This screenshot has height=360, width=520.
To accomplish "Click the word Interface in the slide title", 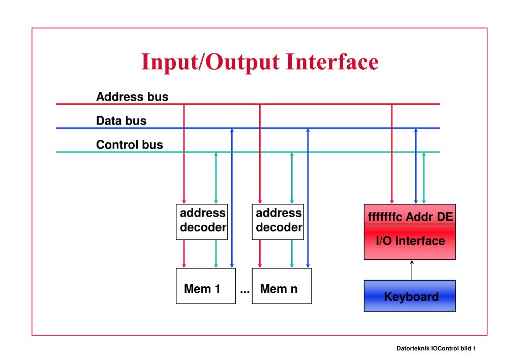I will pos(332,62).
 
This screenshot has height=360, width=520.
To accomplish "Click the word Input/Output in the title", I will pos(210,63).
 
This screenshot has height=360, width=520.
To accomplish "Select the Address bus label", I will pos(132,96).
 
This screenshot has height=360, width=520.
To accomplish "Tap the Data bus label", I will pos(121,121).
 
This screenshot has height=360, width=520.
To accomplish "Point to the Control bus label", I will pos(130,145).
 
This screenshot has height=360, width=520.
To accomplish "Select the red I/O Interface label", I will pos(410,241).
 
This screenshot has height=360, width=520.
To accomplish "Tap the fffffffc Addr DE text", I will pos(410,217).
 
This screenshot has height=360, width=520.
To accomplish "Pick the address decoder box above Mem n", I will pos(278,222).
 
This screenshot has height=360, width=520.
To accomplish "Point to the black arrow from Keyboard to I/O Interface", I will pos(411,269).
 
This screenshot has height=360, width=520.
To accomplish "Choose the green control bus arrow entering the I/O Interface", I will pos(424,177).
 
